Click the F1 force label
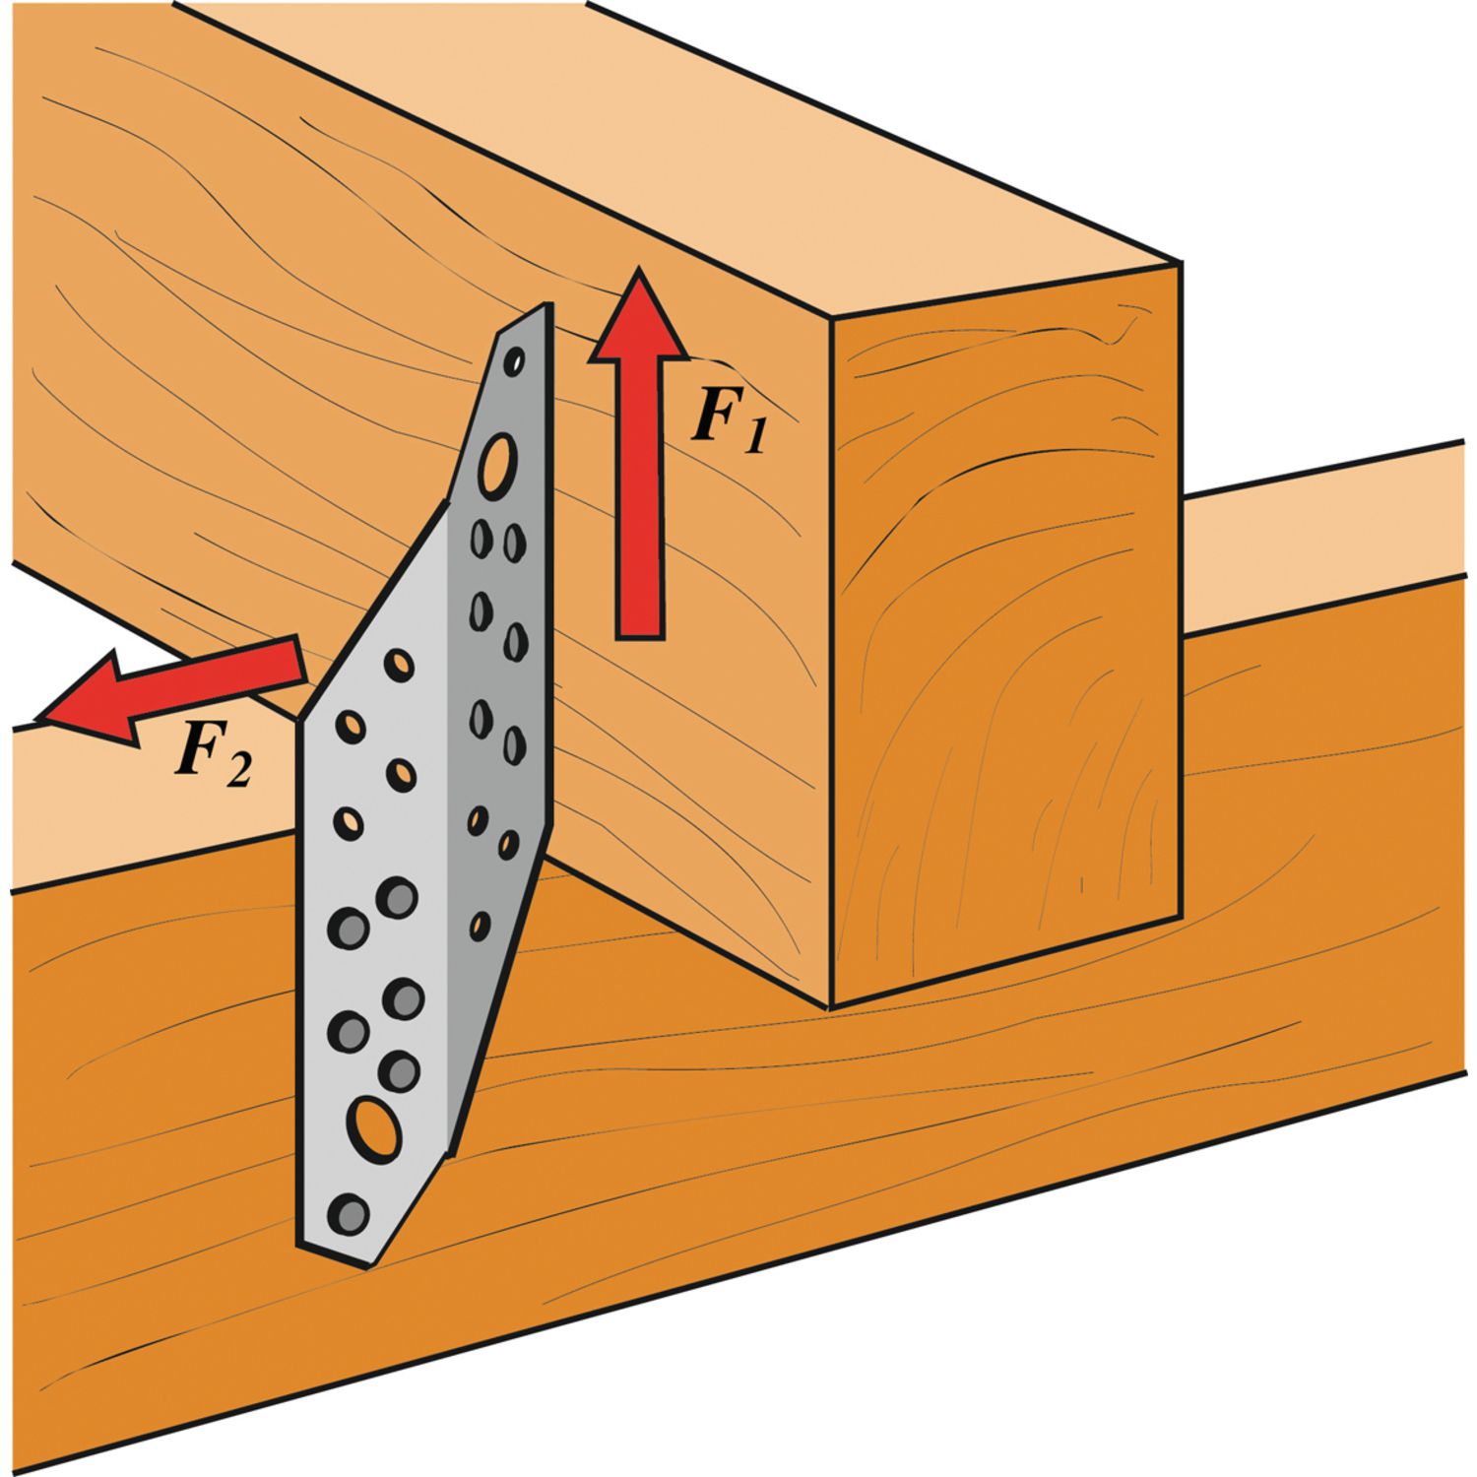tap(729, 417)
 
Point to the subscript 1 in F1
tap(752, 433)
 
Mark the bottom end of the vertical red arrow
tap(640, 638)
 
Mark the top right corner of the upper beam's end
tap(1180, 262)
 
